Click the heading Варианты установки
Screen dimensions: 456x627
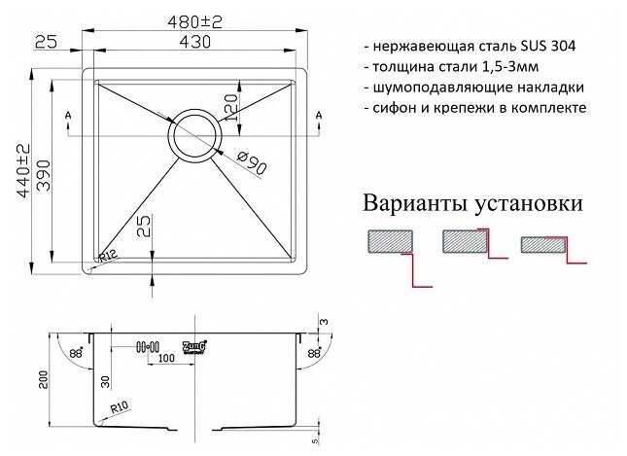[x=472, y=204]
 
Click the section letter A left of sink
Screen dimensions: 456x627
[x=68, y=118]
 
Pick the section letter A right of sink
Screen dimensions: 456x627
[x=320, y=118]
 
